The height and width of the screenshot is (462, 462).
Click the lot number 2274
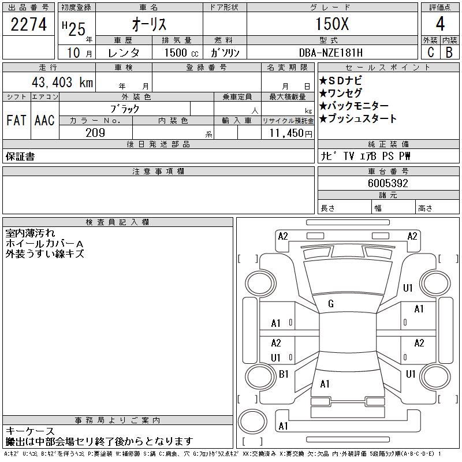click(28, 24)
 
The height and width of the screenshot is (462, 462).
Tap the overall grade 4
click(440, 24)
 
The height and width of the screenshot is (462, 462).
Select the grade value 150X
click(332, 24)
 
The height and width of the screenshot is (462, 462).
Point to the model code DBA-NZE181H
click(330, 53)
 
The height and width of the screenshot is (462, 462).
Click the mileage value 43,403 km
click(62, 82)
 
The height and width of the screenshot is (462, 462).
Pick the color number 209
click(95, 133)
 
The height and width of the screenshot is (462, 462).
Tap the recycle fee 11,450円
click(290, 133)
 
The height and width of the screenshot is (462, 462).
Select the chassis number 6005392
click(388, 183)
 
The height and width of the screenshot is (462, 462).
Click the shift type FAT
click(16, 120)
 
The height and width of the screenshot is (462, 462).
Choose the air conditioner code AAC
click(44, 120)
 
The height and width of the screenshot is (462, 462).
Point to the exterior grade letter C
click(430, 53)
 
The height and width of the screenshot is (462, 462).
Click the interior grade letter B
click(449, 53)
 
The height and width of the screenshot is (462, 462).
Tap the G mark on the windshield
click(330, 304)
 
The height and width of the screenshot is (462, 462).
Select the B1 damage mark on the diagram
click(284, 374)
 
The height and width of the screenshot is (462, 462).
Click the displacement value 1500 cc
click(181, 53)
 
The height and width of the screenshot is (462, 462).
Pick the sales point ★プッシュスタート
click(357, 118)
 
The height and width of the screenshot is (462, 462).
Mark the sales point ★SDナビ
click(341, 80)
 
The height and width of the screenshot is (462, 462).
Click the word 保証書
click(20, 157)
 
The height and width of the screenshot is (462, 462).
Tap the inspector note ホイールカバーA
click(44, 243)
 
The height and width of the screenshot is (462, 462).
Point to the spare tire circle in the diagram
click(252, 421)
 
